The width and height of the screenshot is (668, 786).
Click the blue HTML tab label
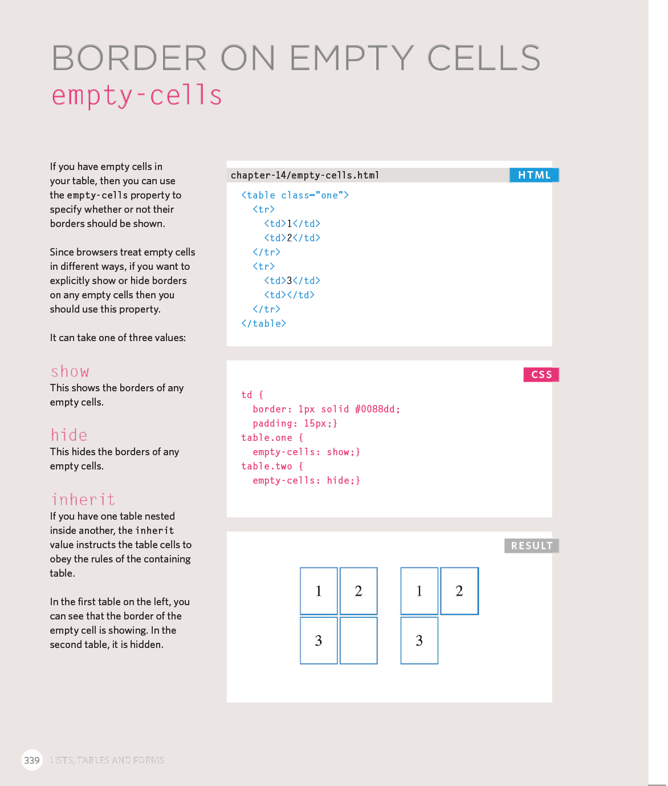click(534, 175)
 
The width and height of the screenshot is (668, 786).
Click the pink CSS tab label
click(541, 374)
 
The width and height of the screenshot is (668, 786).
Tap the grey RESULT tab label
click(531, 546)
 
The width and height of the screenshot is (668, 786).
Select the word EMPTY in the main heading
click(352, 58)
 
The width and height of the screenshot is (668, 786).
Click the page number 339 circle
click(32, 760)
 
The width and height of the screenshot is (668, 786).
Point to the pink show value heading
click(70, 372)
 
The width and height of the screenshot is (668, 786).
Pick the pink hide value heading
click(69, 436)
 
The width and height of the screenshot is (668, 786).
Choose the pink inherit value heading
click(83, 500)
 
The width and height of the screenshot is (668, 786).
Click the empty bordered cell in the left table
click(359, 641)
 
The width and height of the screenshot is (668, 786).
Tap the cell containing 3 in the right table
click(419, 641)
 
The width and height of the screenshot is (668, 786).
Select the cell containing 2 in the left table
click(359, 591)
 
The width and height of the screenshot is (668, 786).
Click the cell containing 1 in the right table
click(419, 591)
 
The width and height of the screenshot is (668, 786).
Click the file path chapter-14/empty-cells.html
click(305, 175)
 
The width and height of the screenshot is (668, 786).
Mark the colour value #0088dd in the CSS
click(377, 409)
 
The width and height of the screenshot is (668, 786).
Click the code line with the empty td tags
click(289, 295)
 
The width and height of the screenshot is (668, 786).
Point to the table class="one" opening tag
click(295, 195)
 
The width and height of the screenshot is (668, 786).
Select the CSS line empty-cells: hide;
click(306, 480)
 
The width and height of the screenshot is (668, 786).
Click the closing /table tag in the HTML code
click(263, 323)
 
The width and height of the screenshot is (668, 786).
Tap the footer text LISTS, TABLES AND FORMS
click(107, 760)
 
